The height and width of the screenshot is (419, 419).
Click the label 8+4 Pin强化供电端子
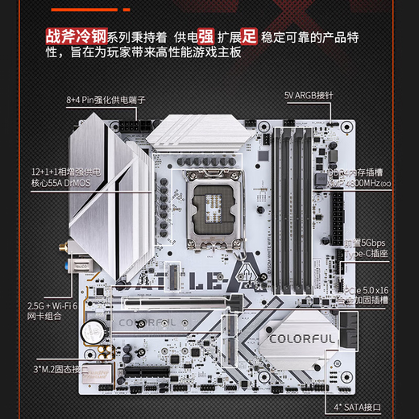[104, 101]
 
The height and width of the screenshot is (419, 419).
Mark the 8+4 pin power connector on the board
[135, 130]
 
